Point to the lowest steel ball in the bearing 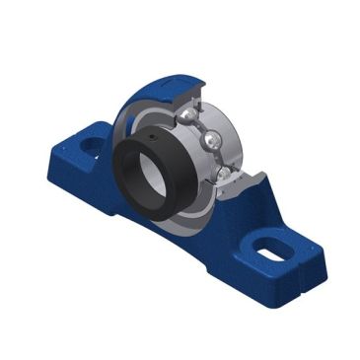(225, 173)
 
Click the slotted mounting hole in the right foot (267, 252)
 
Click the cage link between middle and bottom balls (219, 158)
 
